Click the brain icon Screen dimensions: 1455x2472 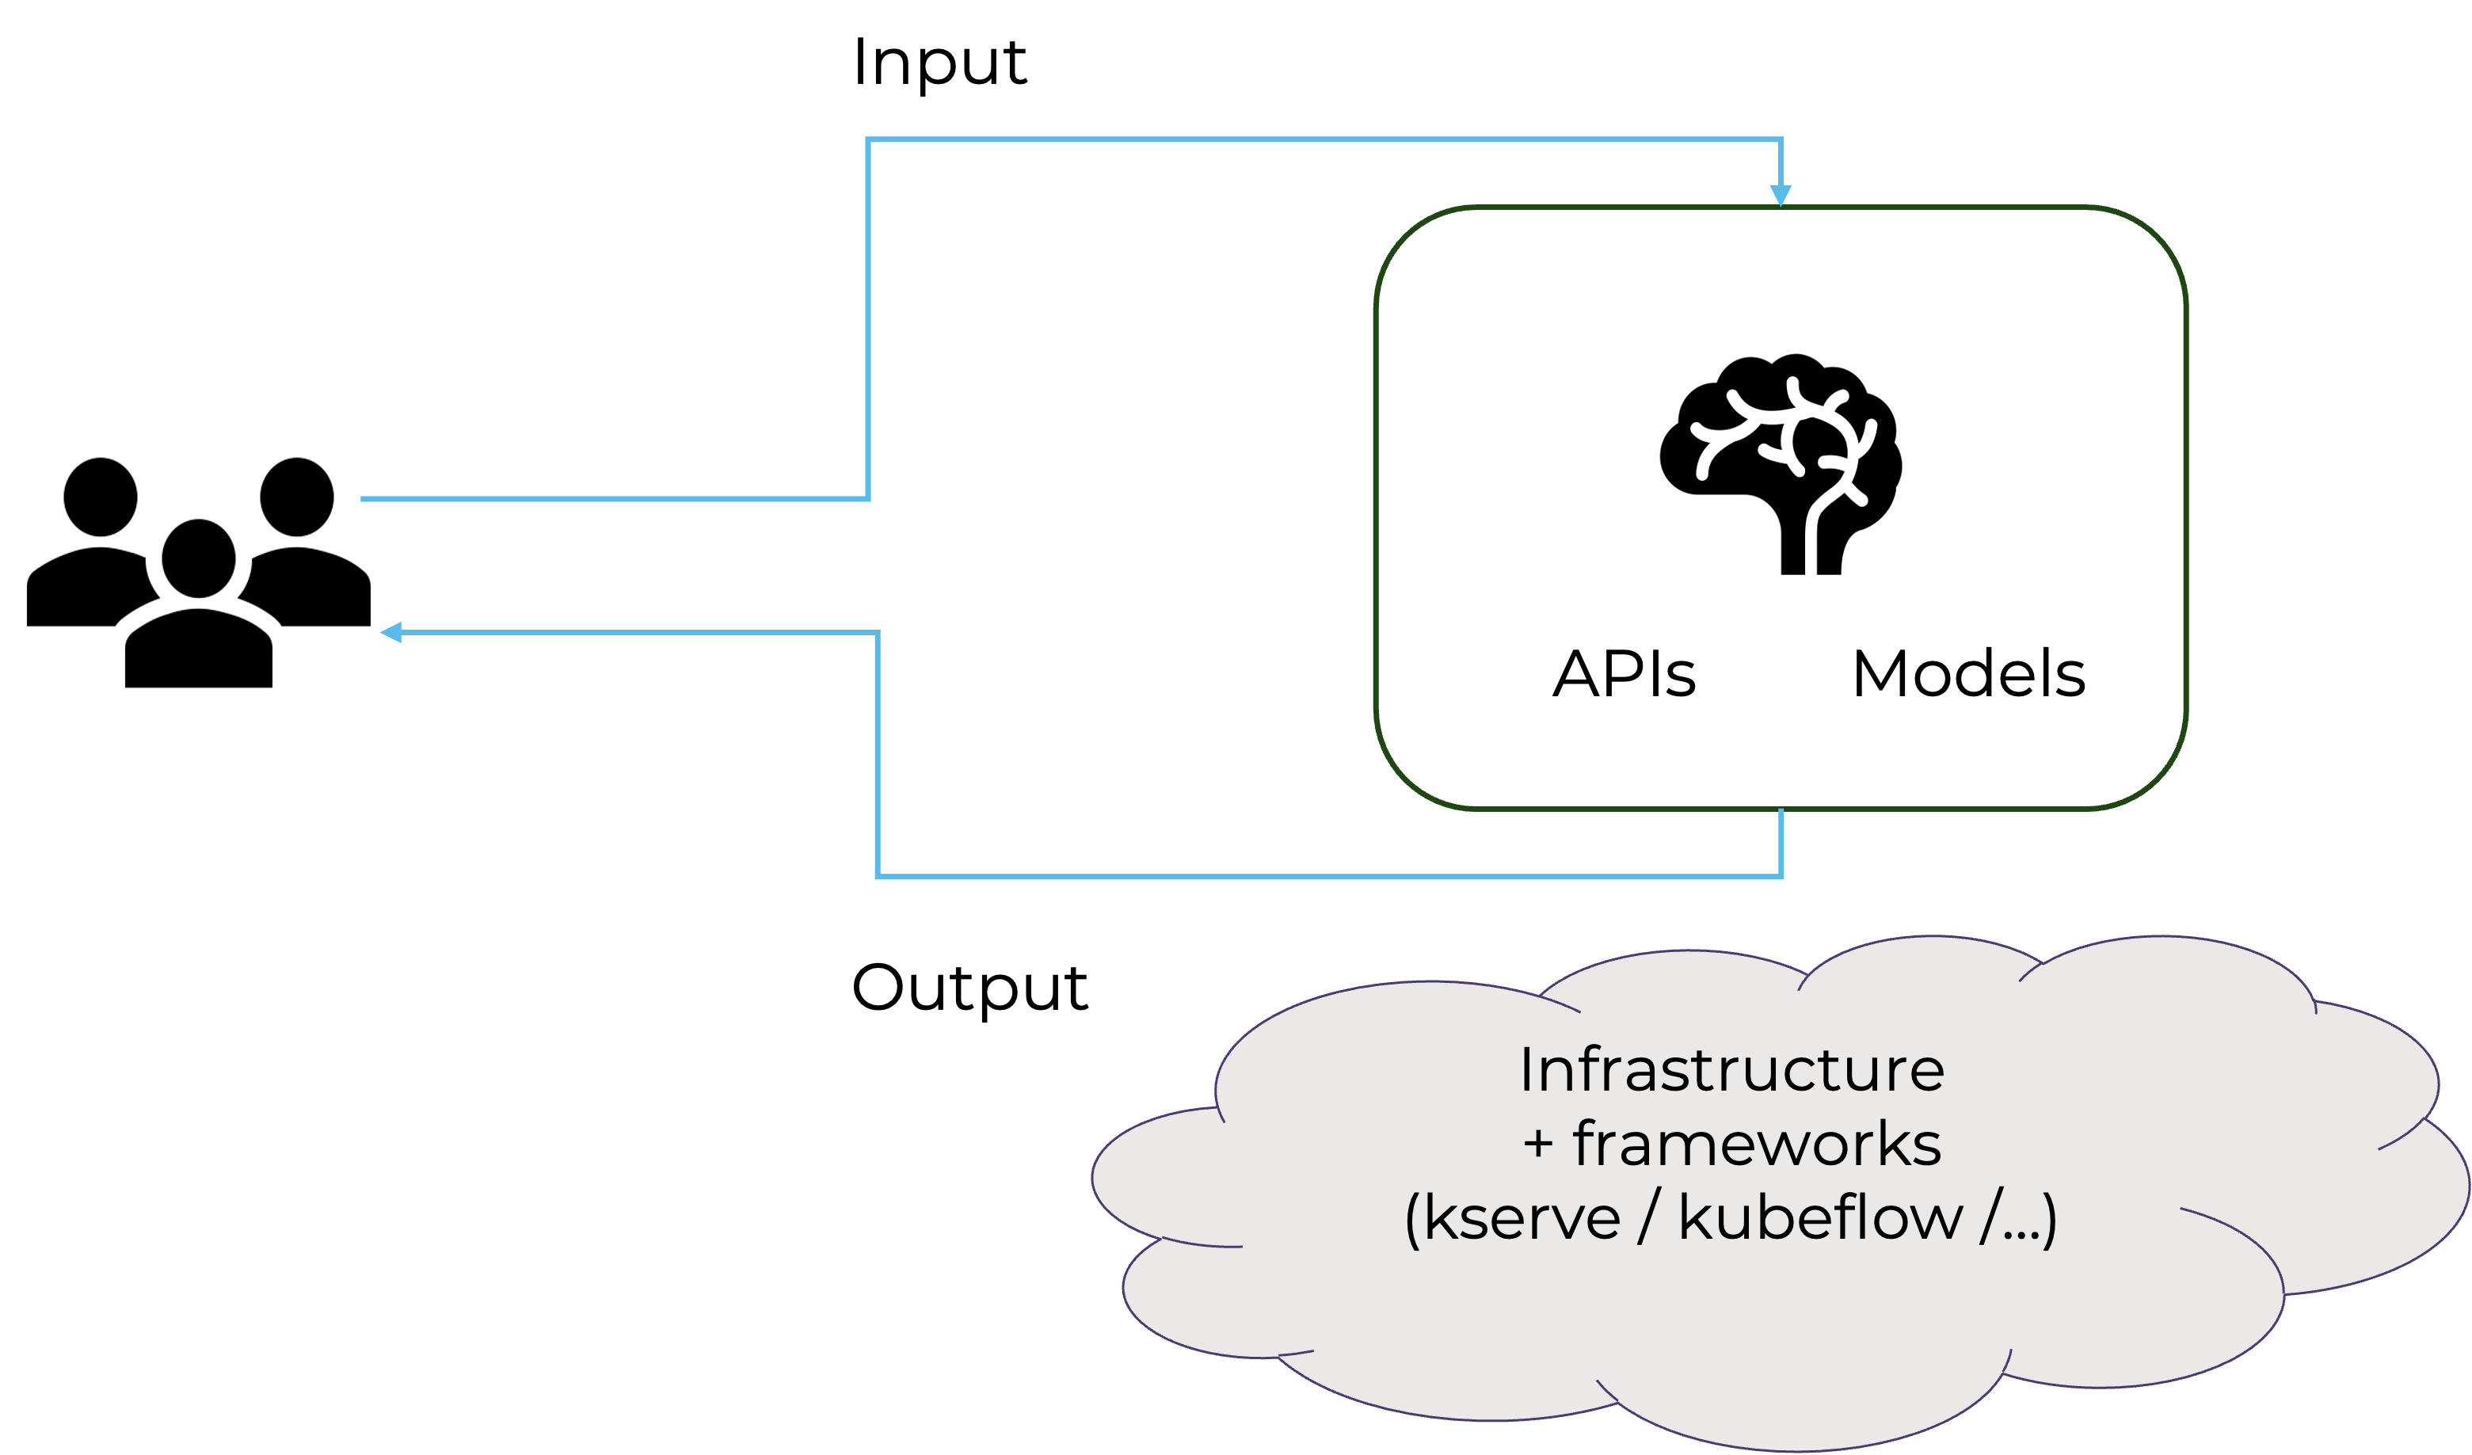coord(1780,461)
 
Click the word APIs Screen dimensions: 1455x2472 coord(1624,674)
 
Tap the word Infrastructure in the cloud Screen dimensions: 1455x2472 coord(1731,1069)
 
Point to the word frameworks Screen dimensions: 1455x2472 coord(1757,1144)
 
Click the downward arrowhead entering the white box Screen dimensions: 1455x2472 coord(1781,196)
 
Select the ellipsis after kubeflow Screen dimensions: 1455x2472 coord(2019,1233)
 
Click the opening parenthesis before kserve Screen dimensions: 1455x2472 coord(1412,1221)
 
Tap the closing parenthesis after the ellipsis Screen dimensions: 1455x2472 coord(2049,1221)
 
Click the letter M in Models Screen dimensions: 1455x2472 coord(1880,674)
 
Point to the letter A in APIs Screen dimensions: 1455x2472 coord(1575,674)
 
